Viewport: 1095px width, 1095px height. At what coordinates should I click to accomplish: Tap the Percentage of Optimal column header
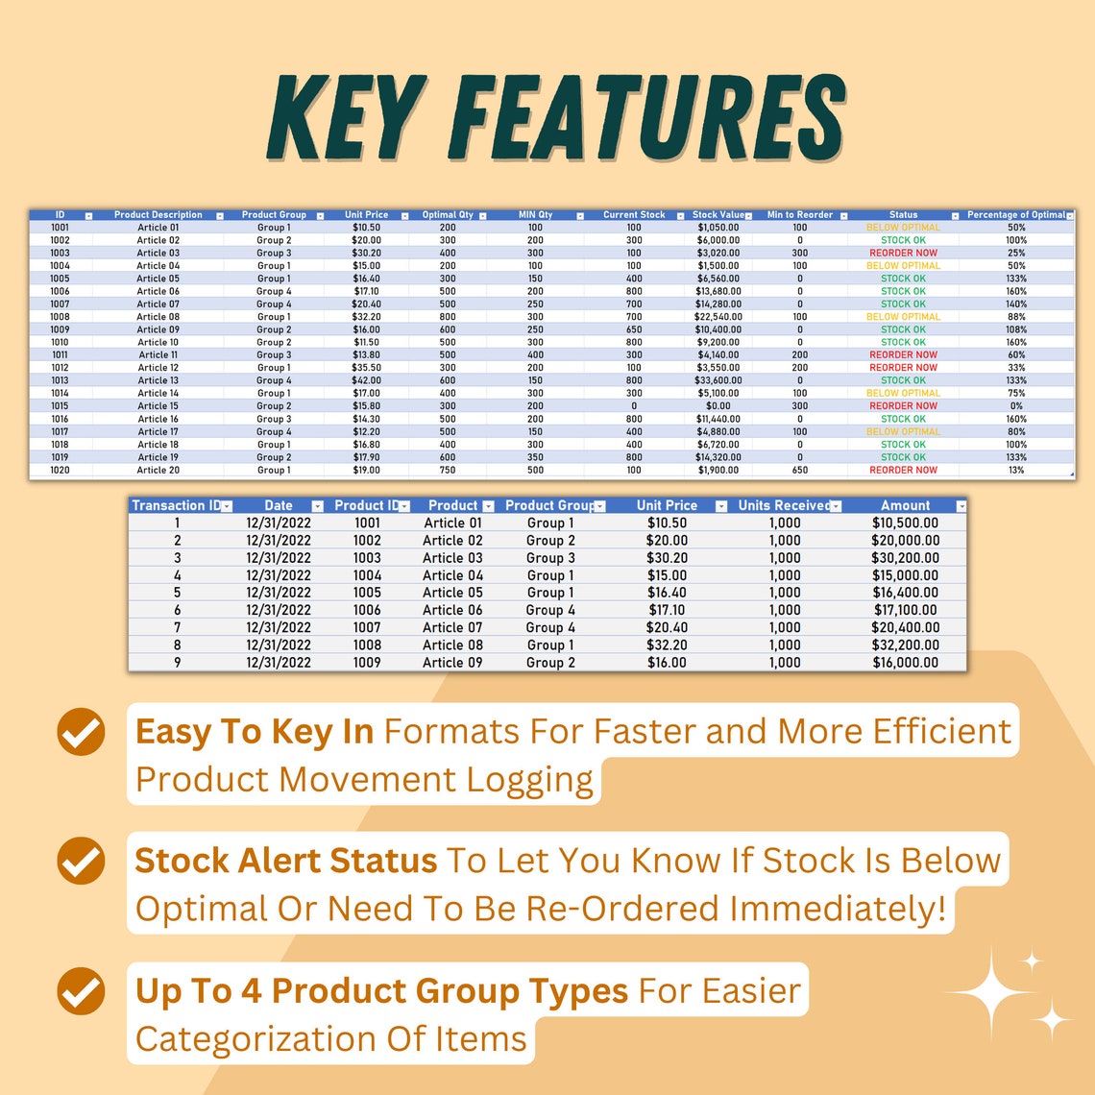1015,215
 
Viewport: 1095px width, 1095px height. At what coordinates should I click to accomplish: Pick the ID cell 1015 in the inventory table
60,406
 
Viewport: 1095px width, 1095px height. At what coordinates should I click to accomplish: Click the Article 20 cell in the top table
158,470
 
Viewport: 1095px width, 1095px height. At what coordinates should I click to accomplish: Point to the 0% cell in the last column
1016,406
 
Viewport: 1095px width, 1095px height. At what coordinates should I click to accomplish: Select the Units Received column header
785,505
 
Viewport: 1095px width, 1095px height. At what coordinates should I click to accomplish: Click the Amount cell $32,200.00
905,645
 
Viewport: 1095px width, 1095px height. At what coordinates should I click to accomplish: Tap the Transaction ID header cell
176,505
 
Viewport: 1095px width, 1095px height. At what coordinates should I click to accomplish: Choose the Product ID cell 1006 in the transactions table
367,610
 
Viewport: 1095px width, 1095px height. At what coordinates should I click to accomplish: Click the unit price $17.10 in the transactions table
667,610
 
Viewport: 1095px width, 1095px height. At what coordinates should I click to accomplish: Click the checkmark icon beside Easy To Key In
82,733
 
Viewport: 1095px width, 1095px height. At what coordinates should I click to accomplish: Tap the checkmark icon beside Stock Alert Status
82,861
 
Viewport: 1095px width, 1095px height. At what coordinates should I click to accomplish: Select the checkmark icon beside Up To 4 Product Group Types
82,991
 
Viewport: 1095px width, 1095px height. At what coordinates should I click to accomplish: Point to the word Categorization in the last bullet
254,1038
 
